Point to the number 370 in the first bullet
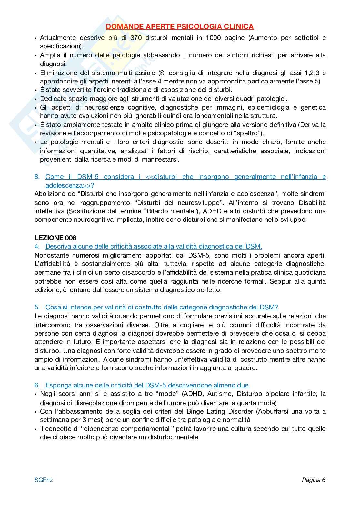[136, 38]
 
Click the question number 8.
[37, 177]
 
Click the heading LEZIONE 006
[55, 238]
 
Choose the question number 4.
[37, 247]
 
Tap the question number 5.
[37, 307]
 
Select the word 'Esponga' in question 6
[58, 385]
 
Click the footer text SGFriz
[44, 480]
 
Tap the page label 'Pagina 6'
[314, 480]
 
